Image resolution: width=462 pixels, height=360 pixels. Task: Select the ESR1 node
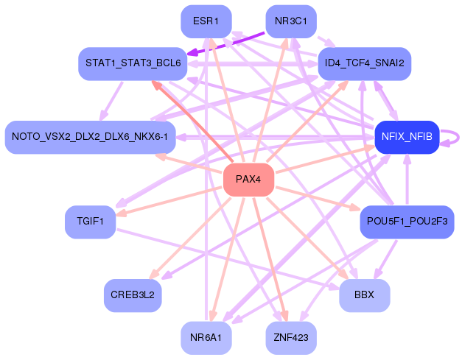point(206,21)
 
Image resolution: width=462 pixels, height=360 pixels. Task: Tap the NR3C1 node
point(291,21)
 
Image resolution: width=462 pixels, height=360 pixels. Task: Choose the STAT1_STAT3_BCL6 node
point(133,63)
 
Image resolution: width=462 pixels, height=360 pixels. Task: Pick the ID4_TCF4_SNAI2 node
point(364,63)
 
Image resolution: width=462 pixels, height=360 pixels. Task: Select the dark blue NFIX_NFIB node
point(407,137)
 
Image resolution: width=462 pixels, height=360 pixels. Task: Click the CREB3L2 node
point(133,295)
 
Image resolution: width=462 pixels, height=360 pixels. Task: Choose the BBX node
point(364,295)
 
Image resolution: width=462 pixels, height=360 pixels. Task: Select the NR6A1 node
point(206,337)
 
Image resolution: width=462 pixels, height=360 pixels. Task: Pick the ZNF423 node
point(291,337)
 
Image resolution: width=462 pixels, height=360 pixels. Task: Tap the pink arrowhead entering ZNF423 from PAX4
point(284,316)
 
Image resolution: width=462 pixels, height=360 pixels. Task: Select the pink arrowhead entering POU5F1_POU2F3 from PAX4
point(355,210)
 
